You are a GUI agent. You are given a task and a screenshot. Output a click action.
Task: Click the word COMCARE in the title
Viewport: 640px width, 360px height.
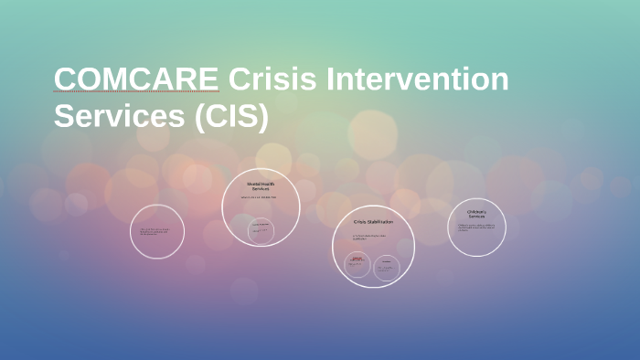tap(136, 79)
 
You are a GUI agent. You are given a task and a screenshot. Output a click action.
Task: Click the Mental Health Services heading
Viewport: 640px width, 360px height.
tap(261, 186)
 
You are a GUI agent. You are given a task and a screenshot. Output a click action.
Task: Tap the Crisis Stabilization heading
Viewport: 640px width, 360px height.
tap(373, 222)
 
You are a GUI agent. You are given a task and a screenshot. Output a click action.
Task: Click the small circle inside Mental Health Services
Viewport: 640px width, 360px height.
tap(261, 230)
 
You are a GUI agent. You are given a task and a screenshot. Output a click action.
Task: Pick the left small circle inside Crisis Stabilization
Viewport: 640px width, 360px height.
tap(357, 265)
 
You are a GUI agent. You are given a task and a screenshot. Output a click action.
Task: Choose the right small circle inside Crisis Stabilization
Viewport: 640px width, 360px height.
tap(387, 267)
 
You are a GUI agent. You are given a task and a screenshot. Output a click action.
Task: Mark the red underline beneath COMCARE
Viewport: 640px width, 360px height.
tap(136, 93)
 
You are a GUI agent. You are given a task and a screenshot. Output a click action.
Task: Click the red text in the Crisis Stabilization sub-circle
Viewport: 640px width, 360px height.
tap(357, 259)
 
